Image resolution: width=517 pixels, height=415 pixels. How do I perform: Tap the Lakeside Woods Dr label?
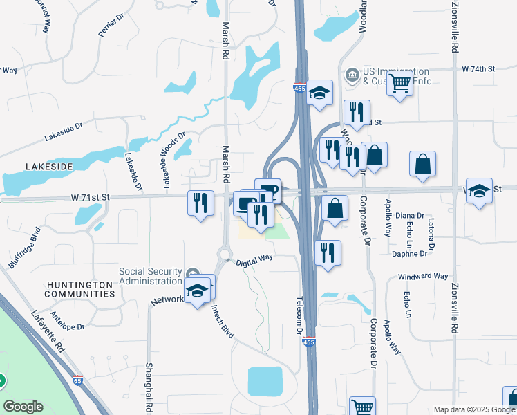tap(173, 160)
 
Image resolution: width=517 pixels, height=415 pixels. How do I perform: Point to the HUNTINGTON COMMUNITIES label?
tap(79, 289)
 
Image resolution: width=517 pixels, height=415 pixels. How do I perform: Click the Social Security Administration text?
tap(151, 275)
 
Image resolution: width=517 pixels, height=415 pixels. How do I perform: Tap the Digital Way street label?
tap(254, 259)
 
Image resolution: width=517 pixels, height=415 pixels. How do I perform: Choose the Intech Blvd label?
tap(223, 321)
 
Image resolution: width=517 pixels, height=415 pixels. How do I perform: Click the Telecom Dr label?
tap(300, 316)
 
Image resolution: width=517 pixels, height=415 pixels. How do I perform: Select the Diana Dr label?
tap(410, 216)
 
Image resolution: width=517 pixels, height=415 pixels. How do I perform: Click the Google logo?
tap(23, 407)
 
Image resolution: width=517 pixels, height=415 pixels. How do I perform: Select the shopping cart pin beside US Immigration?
tap(399, 84)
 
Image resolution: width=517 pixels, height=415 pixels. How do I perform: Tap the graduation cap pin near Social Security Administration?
tap(198, 290)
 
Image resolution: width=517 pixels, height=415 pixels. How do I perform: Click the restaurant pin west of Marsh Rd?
tap(200, 203)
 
